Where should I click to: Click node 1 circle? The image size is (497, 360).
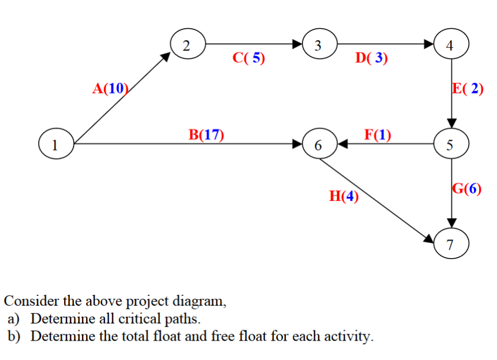click(55, 144)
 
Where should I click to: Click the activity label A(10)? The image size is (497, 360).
click(110, 88)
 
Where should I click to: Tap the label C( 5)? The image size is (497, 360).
click(249, 58)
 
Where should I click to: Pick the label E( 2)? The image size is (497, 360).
click(468, 88)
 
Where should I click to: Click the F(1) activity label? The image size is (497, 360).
click(378, 135)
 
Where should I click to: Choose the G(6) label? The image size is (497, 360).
click(466, 189)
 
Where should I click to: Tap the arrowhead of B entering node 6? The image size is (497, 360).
click(298, 144)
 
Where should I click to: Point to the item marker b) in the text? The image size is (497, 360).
click(14, 336)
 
